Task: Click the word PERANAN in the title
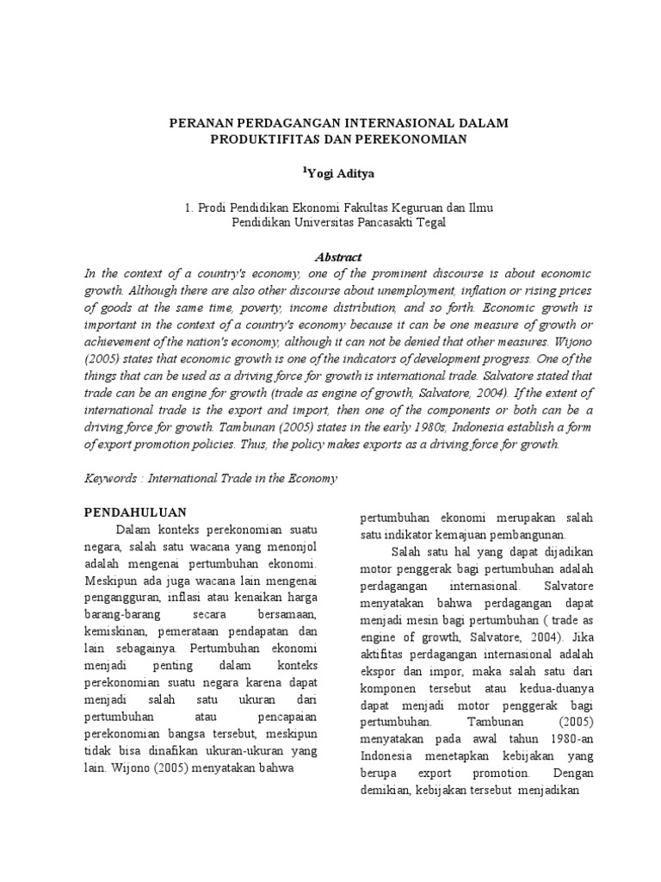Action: coord(199,124)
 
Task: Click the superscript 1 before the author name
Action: coord(304,171)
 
